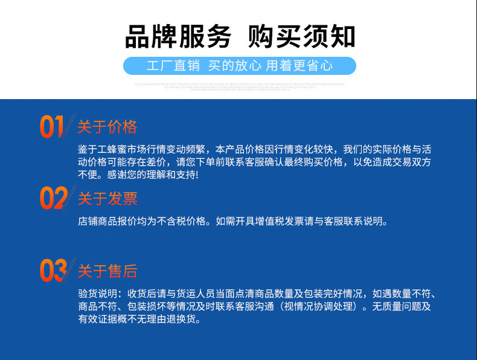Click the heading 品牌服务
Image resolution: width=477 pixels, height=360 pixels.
click(x=178, y=37)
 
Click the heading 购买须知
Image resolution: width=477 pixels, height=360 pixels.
click(x=301, y=37)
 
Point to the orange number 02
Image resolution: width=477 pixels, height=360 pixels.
click(x=53, y=198)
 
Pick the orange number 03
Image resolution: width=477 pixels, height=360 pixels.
click(x=53, y=270)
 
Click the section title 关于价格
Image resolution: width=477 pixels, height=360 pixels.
click(x=107, y=127)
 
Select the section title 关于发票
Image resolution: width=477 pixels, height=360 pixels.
click(x=107, y=199)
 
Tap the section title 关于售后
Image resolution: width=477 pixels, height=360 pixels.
click(x=107, y=271)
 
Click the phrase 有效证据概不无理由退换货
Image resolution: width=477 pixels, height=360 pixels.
click(x=145, y=319)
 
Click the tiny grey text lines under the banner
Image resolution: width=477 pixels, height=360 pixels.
click(x=239, y=86)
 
